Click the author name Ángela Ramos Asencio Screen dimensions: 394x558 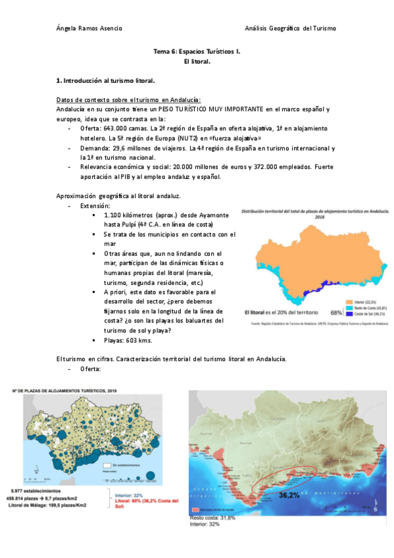[x=89, y=28]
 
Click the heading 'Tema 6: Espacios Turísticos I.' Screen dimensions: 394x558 [x=197, y=50]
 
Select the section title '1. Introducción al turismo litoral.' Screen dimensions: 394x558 [x=105, y=80]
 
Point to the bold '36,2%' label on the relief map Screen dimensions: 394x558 [x=290, y=494]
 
